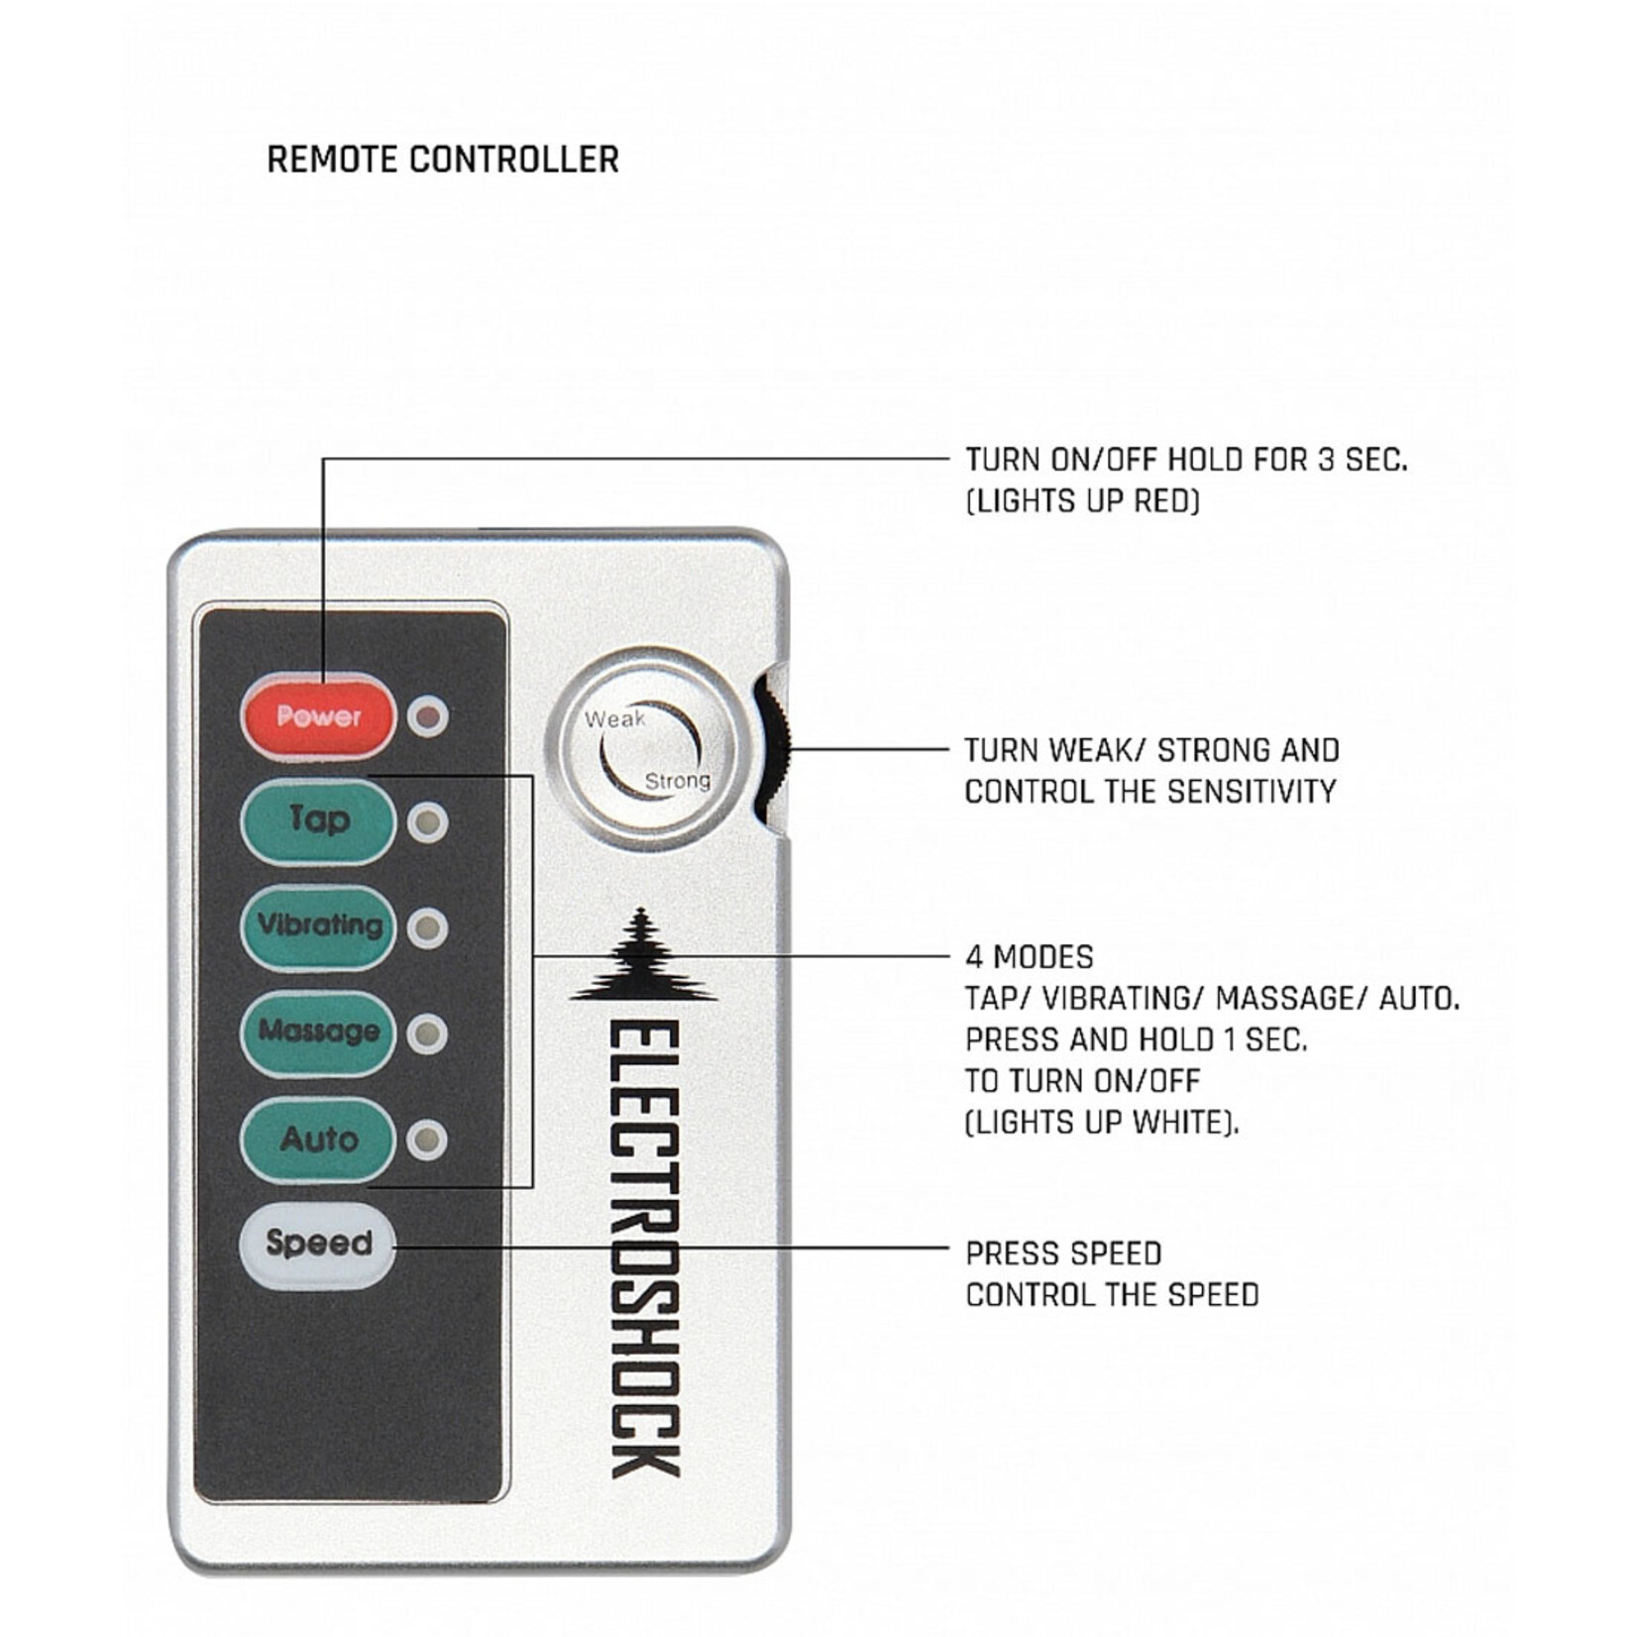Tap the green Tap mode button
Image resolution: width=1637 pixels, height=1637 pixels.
click(318, 821)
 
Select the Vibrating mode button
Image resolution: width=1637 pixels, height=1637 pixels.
click(318, 927)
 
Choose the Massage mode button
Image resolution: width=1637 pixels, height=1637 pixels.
click(318, 1033)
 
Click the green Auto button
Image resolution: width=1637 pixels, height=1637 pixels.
click(318, 1139)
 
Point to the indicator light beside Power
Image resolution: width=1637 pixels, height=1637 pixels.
click(428, 715)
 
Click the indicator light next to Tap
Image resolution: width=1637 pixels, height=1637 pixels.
click(428, 822)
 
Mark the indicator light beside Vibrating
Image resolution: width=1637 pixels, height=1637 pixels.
click(428, 928)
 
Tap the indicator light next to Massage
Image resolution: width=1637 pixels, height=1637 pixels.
click(428, 1034)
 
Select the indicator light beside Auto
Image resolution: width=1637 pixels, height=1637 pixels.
click(428, 1140)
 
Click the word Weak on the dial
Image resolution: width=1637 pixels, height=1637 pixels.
click(614, 718)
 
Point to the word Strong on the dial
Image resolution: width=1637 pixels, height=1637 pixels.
click(678, 781)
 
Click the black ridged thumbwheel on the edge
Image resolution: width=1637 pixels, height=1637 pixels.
click(772, 748)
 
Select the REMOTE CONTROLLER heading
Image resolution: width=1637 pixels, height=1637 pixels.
click(443, 160)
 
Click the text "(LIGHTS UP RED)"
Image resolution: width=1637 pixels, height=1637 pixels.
click(1082, 501)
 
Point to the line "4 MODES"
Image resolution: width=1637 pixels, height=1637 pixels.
click(1030, 957)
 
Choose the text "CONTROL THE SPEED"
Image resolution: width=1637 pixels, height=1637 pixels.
click(1112, 1295)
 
